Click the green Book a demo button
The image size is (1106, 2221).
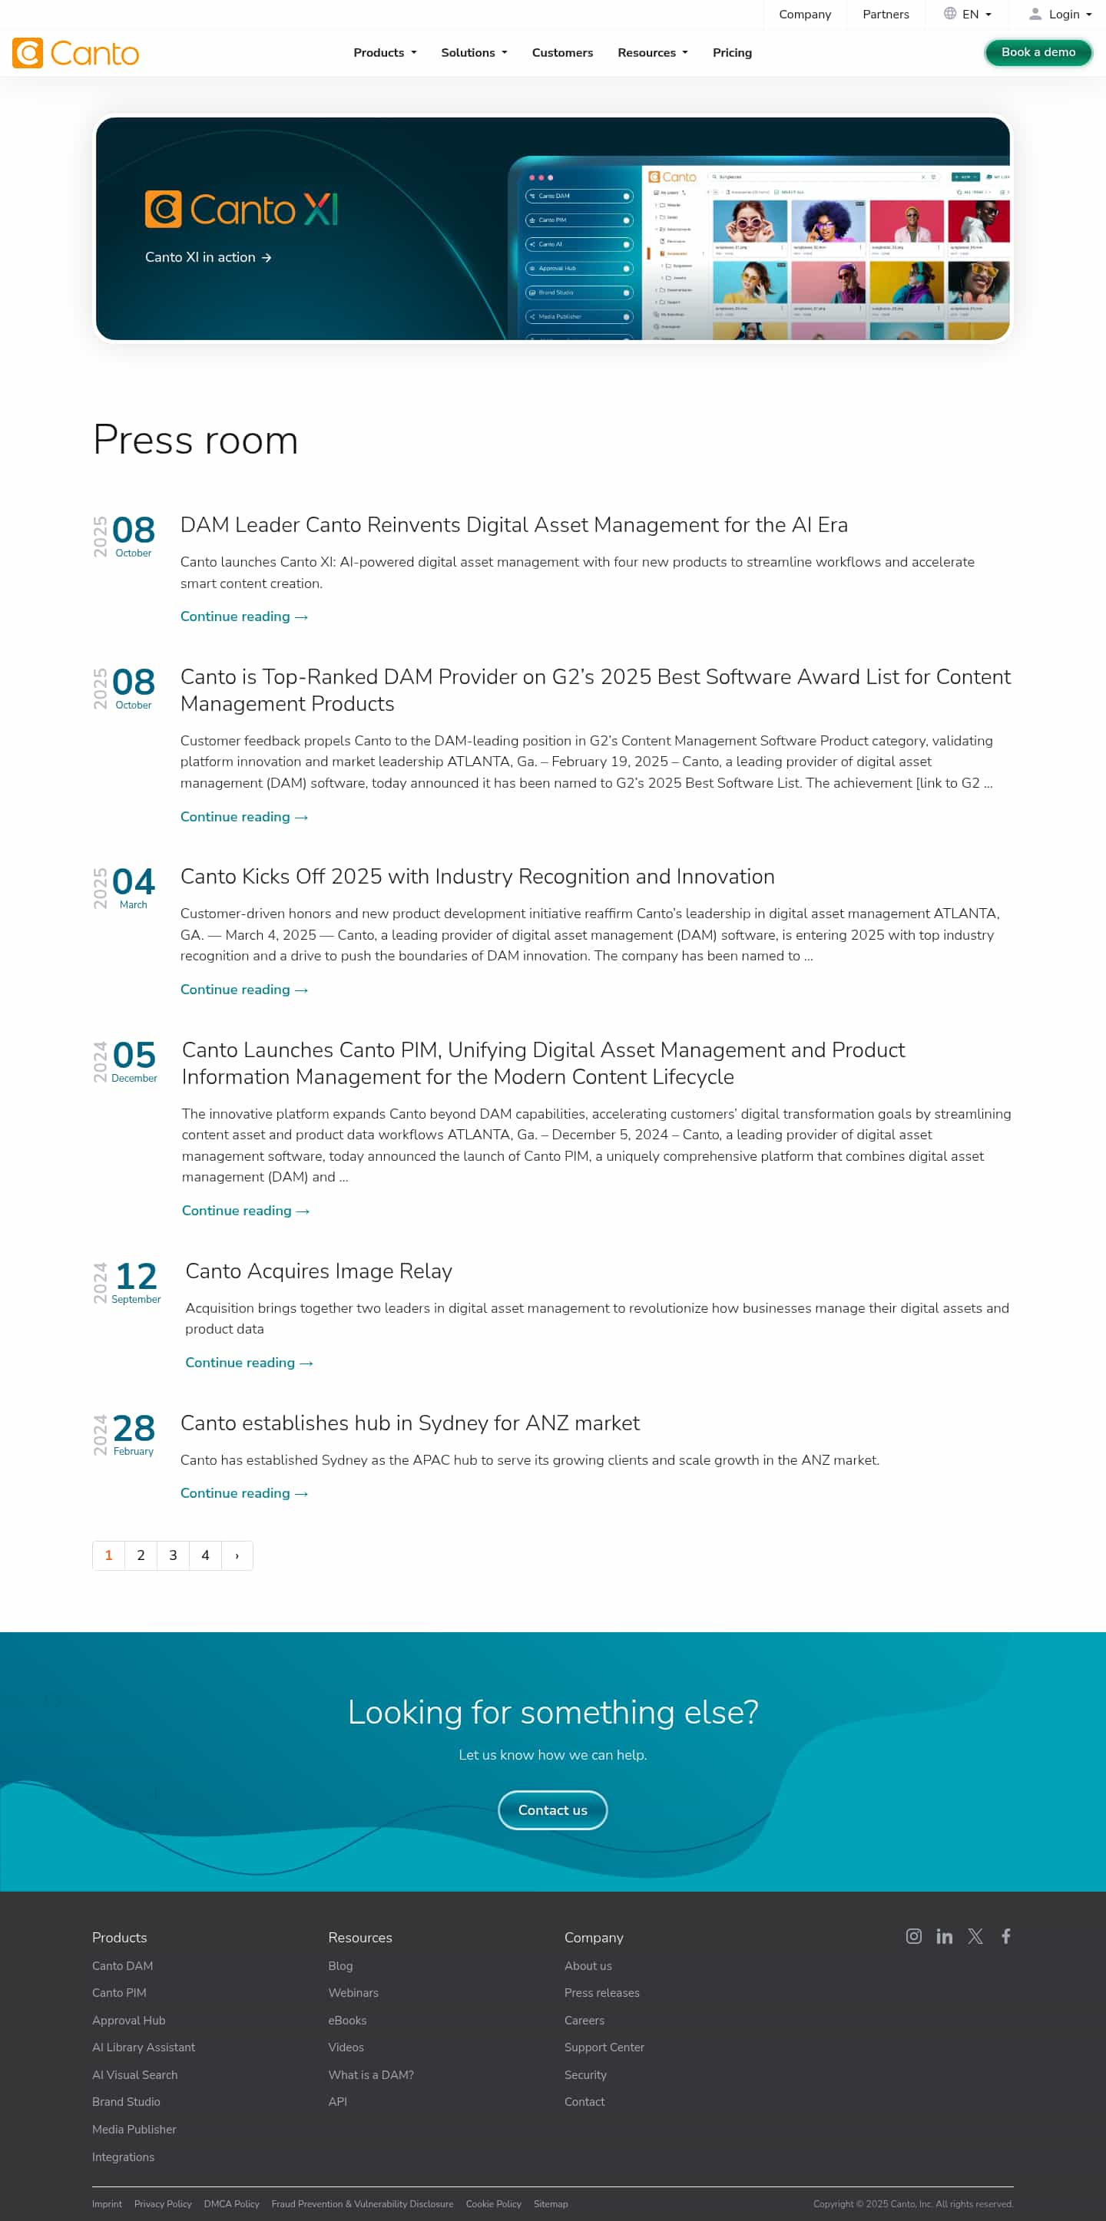[1038, 53]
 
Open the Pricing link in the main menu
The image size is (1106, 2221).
[732, 53]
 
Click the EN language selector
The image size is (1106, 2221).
[968, 15]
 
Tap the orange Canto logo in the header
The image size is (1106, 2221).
[76, 54]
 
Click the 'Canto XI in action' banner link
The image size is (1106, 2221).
[208, 258]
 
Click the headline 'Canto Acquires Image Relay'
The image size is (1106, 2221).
[318, 1271]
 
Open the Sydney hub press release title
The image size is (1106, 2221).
[410, 1423]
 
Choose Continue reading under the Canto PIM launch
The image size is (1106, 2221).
[245, 1211]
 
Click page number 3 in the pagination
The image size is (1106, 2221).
[173, 1555]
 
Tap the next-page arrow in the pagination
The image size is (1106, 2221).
[237, 1555]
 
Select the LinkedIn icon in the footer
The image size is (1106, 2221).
[945, 1936]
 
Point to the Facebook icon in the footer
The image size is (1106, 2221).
[1006, 1936]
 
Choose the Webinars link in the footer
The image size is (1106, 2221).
[353, 1992]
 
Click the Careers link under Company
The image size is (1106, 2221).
[584, 2020]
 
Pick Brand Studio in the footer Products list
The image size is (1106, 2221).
[126, 2102]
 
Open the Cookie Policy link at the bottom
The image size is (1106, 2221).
[493, 2204]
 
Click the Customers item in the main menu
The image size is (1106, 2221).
[562, 53]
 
